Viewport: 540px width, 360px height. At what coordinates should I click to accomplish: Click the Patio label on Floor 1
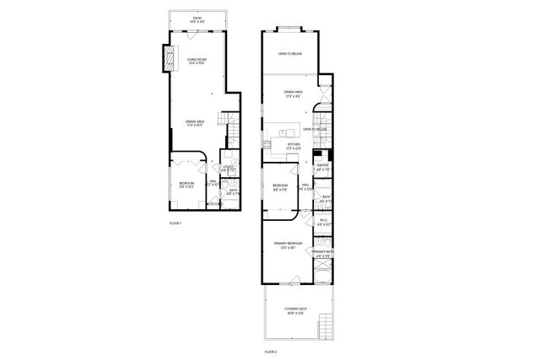[x=197, y=19]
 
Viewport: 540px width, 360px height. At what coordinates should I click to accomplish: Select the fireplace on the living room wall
[x=168, y=56]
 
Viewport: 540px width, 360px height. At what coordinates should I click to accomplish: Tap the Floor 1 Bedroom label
[x=186, y=185]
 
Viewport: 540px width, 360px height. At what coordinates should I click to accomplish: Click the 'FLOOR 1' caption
[x=175, y=223]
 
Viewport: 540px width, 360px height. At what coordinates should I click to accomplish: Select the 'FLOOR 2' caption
[x=271, y=350]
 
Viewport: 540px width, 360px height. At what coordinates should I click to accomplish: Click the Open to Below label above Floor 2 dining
[x=290, y=55]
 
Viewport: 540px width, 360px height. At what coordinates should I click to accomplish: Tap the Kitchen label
[x=294, y=147]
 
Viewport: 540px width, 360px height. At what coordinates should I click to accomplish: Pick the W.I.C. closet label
[x=322, y=223]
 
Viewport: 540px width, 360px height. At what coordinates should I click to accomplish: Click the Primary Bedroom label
[x=289, y=245]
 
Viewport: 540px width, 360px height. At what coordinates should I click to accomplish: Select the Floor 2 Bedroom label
[x=280, y=187]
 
